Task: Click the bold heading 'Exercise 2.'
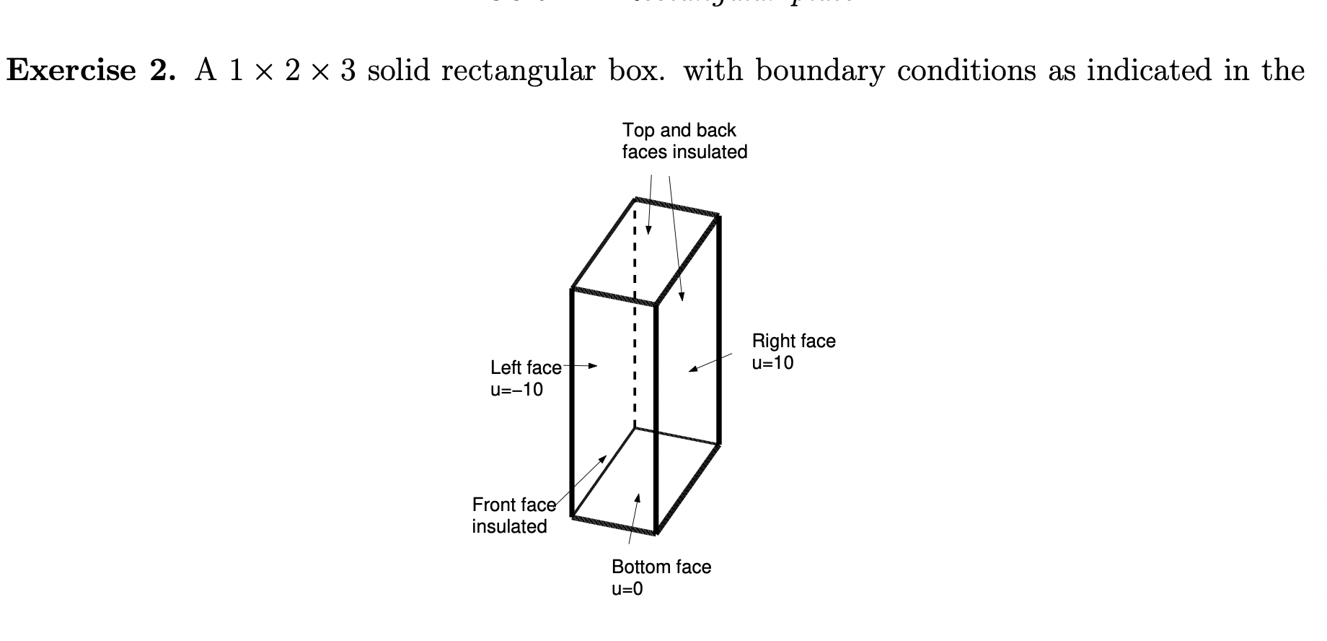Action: [x=91, y=71]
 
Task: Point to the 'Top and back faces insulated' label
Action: [x=684, y=141]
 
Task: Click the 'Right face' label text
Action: [x=793, y=341]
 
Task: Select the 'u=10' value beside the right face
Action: [x=772, y=363]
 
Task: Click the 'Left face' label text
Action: [x=525, y=367]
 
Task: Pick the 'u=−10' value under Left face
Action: [x=516, y=390]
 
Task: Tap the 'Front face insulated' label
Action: [x=513, y=515]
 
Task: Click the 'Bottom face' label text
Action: [x=661, y=567]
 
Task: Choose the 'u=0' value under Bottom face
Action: [x=627, y=589]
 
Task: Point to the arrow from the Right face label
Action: [x=710, y=362]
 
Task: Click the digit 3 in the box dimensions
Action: [x=348, y=71]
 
